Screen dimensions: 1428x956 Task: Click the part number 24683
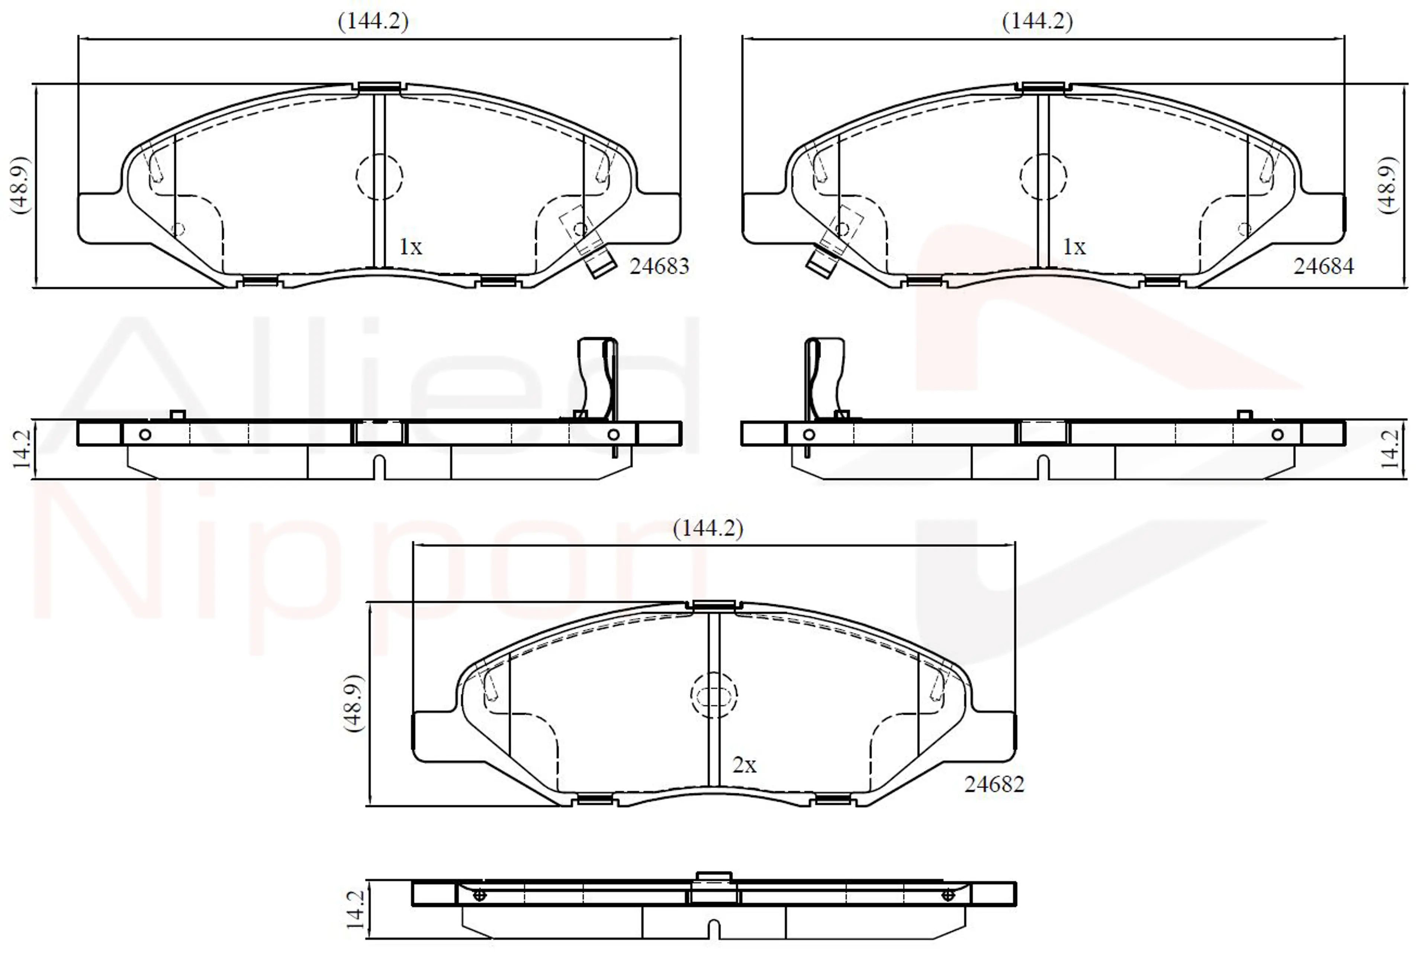(659, 267)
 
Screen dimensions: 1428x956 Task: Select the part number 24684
(1324, 267)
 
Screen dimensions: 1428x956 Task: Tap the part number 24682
(994, 785)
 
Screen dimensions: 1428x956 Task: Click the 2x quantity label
(744, 765)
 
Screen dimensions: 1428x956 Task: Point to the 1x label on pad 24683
(411, 247)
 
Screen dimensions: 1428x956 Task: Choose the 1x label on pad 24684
(1075, 247)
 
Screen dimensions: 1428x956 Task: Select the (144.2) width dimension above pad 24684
(1038, 21)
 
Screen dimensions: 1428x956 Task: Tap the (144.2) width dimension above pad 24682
(708, 528)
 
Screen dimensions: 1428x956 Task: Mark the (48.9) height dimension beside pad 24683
(20, 185)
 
